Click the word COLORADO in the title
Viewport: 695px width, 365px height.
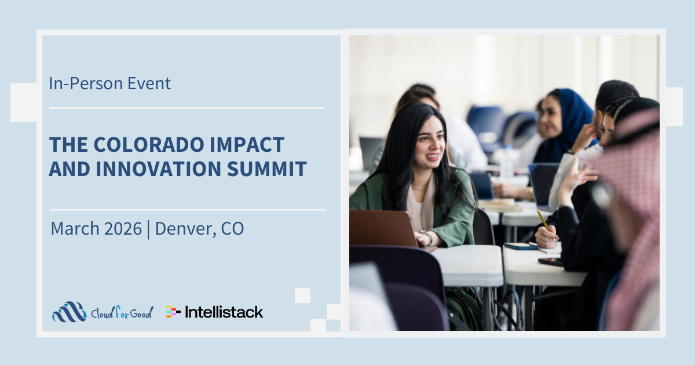(149, 145)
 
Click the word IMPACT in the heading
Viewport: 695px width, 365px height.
(247, 145)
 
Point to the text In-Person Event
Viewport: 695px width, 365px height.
(110, 83)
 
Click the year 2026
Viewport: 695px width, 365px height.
(123, 228)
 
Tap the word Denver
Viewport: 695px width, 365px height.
(186, 229)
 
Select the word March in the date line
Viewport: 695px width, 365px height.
(75, 228)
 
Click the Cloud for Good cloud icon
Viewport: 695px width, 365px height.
(69, 312)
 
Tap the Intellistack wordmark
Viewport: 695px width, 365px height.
(224, 312)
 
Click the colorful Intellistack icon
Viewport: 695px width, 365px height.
(173, 312)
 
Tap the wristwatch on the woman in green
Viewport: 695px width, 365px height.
(428, 237)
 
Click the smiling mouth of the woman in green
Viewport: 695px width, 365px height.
(433, 156)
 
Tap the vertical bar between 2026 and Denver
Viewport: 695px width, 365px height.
(148, 229)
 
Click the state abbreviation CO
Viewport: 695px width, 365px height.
(232, 228)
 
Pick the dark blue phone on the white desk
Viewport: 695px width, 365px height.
(520, 246)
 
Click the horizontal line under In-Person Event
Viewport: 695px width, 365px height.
(186, 108)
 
